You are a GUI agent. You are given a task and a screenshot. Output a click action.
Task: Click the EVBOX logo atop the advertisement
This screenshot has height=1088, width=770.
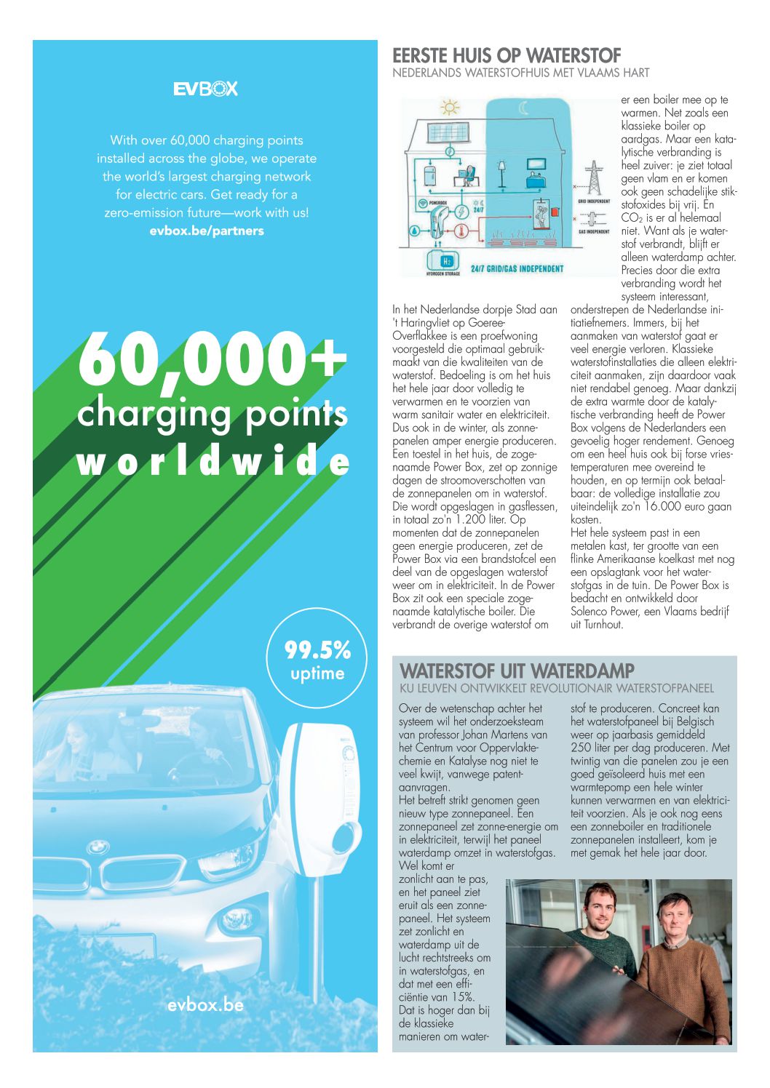click(x=205, y=89)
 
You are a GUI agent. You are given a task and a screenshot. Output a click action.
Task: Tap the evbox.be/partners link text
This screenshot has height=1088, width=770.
click(x=207, y=231)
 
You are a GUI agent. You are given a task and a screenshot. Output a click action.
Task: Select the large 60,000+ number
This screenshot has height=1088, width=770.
click(x=211, y=360)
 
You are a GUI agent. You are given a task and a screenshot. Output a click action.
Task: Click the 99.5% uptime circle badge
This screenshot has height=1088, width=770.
click(x=317, y=660)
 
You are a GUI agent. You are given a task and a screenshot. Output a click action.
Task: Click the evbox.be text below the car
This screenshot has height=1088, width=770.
click(x=205, y=1006)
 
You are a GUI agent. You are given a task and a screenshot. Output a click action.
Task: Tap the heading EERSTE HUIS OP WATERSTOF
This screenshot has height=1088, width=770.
click(x=507, y=55)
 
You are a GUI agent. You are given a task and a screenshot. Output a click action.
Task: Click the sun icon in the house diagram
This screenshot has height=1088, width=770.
click(x=450, y=108)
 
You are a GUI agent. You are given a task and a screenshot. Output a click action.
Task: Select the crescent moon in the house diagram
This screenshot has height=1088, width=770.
click(x=524, y=108)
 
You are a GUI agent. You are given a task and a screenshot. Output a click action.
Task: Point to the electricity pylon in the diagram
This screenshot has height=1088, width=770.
click(x=594, y=178)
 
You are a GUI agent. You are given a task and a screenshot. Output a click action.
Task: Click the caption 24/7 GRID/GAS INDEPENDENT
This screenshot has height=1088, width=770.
click(x=517, y=269)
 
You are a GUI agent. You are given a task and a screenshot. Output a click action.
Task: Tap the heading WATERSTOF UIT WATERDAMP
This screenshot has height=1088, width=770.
click(x=517, y=670)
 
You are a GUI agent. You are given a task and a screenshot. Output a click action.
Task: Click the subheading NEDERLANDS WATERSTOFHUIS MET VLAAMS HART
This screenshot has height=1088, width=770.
click(x=520, y=73)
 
